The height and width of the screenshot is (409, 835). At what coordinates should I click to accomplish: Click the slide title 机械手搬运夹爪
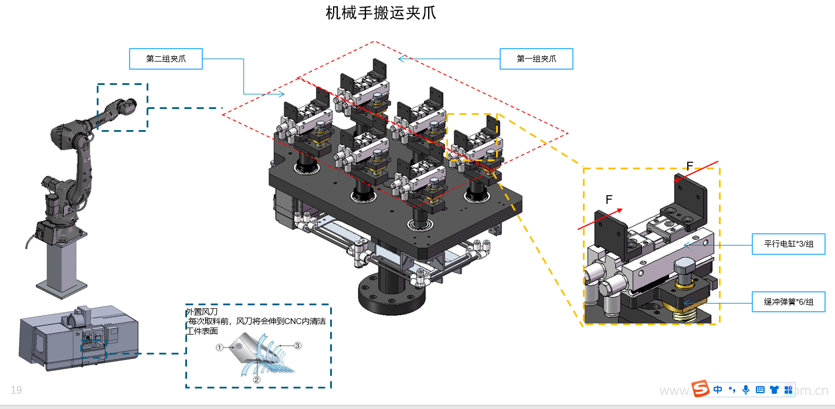tap(381, 13)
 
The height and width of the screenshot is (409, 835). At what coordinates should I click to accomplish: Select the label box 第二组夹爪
tap(165, 59)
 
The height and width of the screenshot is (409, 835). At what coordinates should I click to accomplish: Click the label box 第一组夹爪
tap(536, 59)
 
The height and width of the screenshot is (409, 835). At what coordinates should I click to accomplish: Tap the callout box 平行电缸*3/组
tap(788, 244)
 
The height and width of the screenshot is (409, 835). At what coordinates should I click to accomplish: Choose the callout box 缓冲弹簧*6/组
tap(788, 302)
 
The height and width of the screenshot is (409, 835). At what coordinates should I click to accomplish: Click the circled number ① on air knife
tap(219, 347)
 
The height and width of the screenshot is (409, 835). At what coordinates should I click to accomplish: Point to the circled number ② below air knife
tap(256, 379)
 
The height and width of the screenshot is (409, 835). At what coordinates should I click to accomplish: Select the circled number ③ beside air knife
tap(297, 346)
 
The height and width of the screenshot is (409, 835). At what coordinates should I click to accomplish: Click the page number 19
tap(16, 390)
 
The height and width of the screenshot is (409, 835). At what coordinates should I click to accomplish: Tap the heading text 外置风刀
tap(201, 312)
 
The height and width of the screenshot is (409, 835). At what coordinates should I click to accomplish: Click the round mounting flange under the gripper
tap(391, 296)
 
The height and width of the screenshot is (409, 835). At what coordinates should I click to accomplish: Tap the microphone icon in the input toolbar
tap(746, 390)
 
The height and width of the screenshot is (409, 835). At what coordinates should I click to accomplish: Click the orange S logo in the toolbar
tap(700, 389)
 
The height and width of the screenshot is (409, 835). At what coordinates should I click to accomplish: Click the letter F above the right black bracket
tap(690, 166)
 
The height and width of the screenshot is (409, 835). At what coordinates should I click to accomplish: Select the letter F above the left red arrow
tap(609, 200)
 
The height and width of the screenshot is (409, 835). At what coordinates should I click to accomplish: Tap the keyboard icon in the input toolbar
tap(760, 390)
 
